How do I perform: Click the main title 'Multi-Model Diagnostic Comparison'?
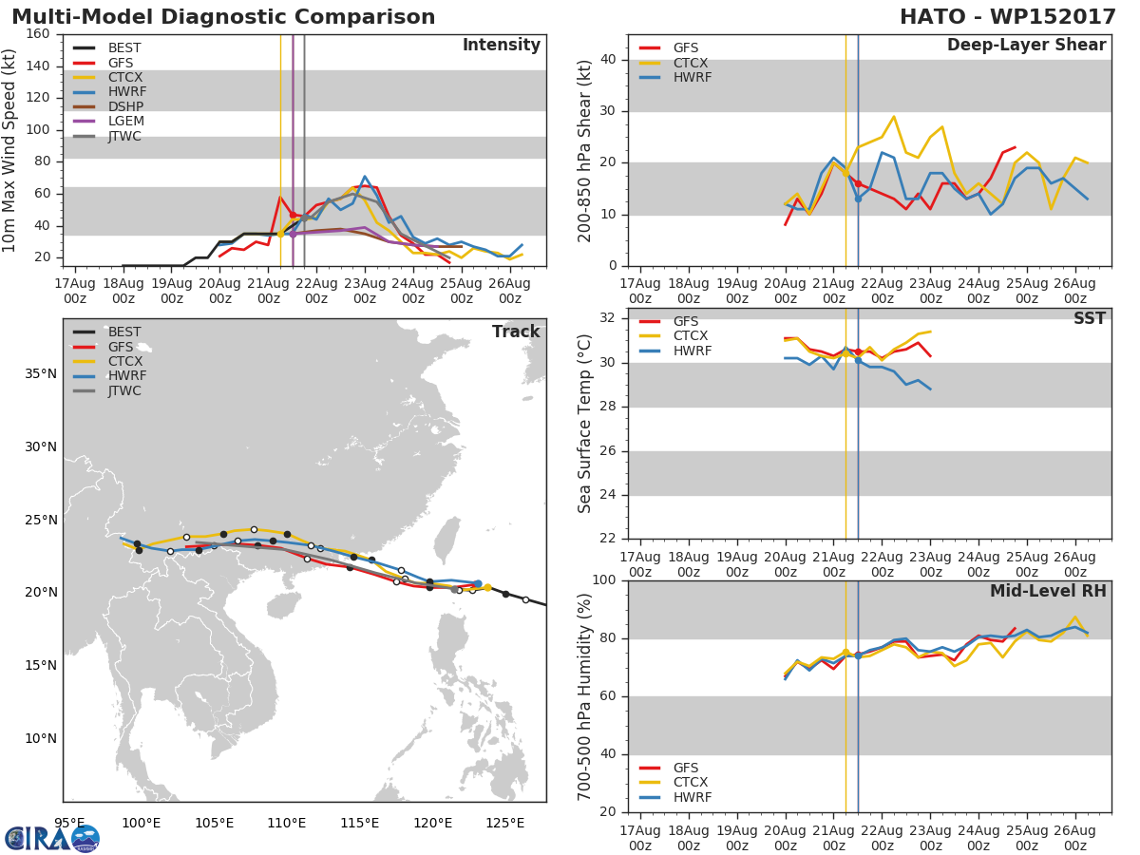click(223, 17)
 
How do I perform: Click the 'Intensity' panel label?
click(501, 46)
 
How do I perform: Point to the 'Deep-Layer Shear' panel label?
click(1026, 46)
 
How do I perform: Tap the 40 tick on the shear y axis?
click(611, 60)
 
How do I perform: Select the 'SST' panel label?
click(1089, 319)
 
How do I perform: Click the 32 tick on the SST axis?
click(611, 319)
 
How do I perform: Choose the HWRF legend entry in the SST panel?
click(692, 351)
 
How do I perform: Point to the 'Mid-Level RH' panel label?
click(1048, 592)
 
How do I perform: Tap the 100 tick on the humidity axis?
click(606, 580)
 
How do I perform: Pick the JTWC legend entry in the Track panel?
click(125, 390)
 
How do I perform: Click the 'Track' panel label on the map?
click(515, 332)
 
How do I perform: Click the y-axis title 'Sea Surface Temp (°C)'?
click(585, 424)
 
